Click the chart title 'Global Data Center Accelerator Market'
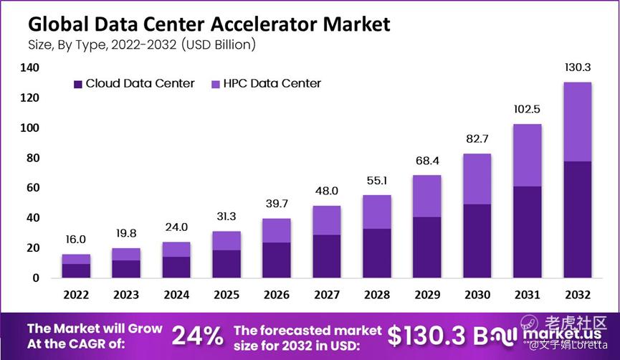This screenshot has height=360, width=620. pos(209,24)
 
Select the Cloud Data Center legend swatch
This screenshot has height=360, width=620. pos(78,84)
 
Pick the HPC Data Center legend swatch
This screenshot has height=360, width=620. pos(215,84)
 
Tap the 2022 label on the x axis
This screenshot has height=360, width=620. pos(76,294)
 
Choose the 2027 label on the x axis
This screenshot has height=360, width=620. pos(327,294)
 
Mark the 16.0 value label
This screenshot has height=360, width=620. pos(76,240)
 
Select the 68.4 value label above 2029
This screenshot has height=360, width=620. pos(426,160)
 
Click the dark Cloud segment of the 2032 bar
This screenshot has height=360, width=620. pos(577,219)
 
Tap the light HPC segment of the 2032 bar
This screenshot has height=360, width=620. pos(577,122)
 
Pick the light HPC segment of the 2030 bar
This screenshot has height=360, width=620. pos(477,179)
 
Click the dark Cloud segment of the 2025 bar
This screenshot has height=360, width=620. pos(226,263)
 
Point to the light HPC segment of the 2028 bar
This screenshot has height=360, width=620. pos(377,212)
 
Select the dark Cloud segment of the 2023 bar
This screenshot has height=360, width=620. pos(126,268)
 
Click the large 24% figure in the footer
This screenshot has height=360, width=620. pos(198,336)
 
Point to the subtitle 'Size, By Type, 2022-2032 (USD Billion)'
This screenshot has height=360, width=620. pos(142,44)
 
